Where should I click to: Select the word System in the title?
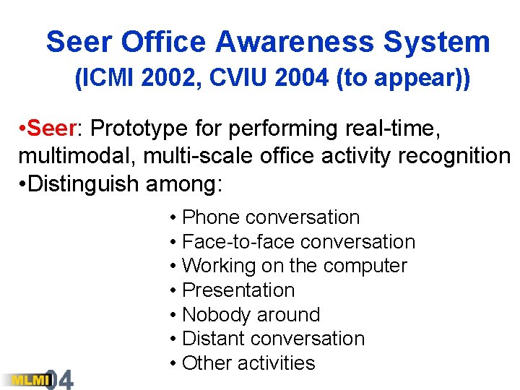click(437, 43)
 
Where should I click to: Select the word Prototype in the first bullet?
click(139, 129)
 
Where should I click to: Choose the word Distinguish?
click(83, 183)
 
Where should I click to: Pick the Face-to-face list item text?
click(238, 242)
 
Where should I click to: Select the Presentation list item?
click(238, 290)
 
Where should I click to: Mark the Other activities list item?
click(248, 363)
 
